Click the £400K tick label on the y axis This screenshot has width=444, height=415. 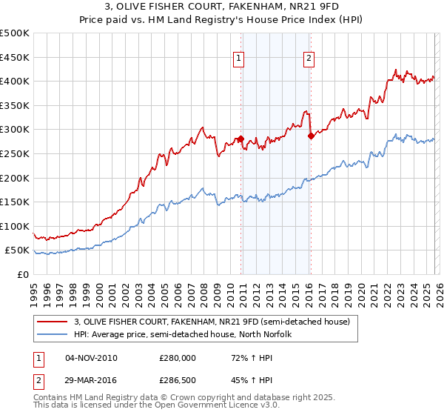point(15,81)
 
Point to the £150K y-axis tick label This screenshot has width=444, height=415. point(15,202)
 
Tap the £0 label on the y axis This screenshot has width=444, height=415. point(23,274)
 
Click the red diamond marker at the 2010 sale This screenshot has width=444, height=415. point(240,139)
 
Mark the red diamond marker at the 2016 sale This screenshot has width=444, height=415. point(311,136)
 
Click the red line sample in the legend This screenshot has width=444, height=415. point(52,322)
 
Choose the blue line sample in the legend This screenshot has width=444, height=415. point(52,333)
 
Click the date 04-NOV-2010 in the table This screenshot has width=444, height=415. point(91,358)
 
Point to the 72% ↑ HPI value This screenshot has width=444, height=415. point(244,358)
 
